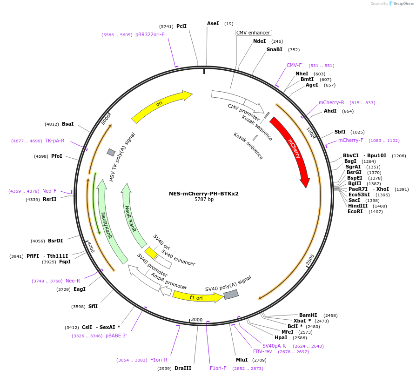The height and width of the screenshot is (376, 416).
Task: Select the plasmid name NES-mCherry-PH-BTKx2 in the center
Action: point(204,194)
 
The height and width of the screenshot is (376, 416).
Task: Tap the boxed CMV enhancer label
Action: point(253,33)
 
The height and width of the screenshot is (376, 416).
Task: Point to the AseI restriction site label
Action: point(213,23)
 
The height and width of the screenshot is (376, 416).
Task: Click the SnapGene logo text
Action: point(403,4)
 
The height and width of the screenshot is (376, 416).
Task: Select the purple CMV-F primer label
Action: point(294,65)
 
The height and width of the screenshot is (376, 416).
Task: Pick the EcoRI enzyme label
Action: point(356,211)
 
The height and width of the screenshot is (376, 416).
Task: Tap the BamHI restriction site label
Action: point(308,315)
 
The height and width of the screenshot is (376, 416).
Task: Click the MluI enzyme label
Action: point(242,360)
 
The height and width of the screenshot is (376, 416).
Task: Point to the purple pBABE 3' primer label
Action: point(116,336)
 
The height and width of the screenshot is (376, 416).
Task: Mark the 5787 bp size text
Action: point(204,200)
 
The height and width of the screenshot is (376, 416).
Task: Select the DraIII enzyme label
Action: point(183,368)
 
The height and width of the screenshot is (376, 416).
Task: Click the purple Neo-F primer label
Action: point(49,191)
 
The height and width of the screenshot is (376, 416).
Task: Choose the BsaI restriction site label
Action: point(68,124)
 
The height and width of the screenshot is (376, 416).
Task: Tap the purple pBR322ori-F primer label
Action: point(150,34)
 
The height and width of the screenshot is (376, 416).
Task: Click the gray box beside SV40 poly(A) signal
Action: point(231,295)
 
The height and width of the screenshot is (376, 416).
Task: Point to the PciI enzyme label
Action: point(181,26)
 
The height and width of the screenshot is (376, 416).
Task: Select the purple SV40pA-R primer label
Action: point(274,346)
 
